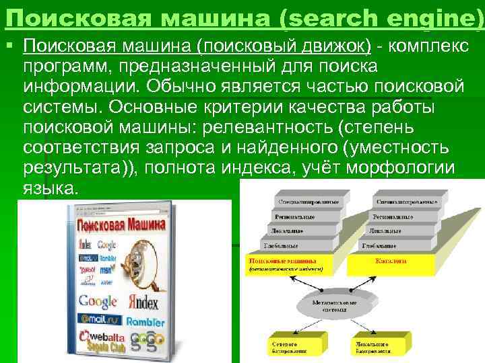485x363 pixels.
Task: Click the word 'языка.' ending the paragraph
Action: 51,189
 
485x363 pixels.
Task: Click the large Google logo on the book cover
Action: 98,301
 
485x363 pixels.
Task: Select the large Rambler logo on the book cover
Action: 144,321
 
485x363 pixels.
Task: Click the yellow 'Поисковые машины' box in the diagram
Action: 286,264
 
